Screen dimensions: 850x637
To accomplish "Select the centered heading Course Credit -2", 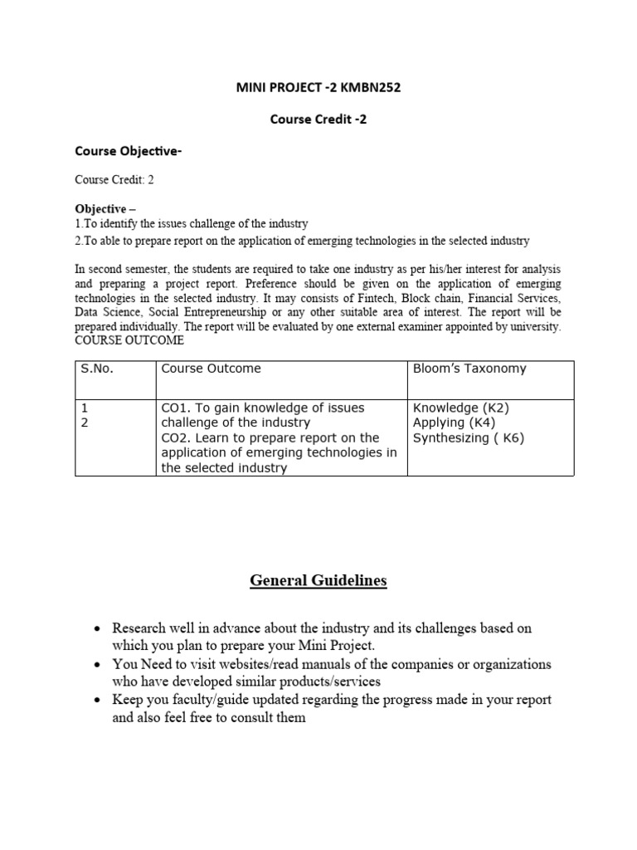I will point(318,119).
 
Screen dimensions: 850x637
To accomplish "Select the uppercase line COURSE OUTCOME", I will point(129,341).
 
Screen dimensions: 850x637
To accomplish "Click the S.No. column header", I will point(97,369).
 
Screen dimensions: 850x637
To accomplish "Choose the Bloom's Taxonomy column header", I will point(469,369).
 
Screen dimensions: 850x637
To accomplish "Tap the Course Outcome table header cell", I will point(211,369).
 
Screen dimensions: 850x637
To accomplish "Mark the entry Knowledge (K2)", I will point(460,408).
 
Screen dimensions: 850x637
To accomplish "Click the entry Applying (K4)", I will point(454,423).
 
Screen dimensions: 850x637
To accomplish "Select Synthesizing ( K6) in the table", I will point(469,437).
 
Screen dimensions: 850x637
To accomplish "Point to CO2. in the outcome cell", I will point(175,437).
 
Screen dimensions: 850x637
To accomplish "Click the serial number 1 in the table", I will point(84,408).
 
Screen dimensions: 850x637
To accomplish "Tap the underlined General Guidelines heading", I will point(318,581).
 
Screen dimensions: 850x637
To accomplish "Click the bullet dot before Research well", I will point(97,629).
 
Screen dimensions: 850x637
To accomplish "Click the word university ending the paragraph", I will point(532,327).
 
